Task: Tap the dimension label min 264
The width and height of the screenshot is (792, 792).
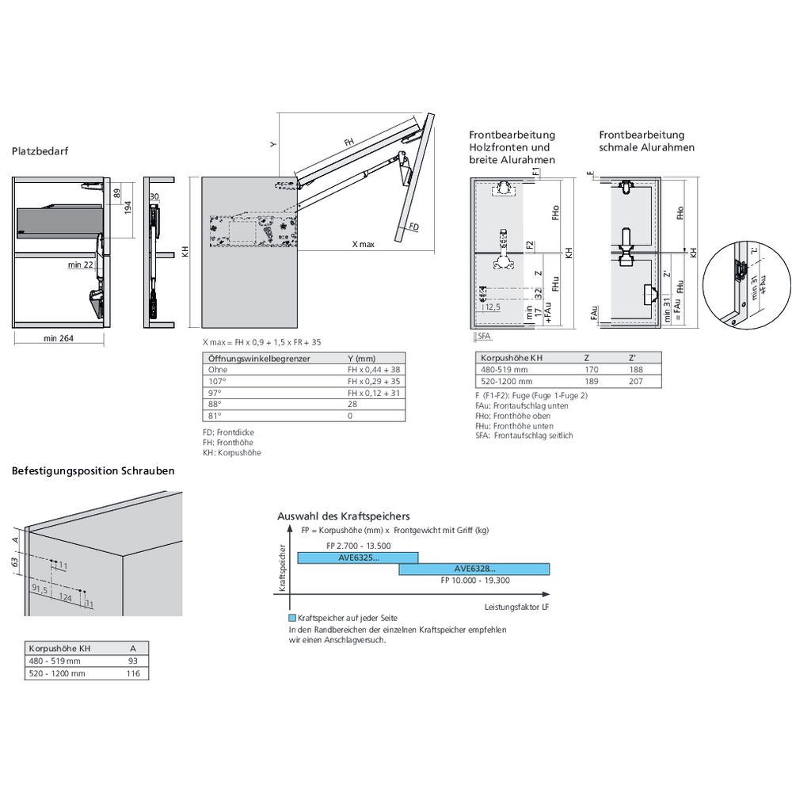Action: point(59,339)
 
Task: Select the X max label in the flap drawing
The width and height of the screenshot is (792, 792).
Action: point(363,245)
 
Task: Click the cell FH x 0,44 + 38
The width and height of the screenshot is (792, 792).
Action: point(374,370)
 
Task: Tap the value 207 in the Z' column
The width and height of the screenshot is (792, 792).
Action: point(634,382)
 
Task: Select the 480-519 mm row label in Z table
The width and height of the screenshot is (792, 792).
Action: point(504,370)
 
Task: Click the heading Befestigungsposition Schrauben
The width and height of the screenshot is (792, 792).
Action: point(93,470)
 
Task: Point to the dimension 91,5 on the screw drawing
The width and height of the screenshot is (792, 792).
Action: point(40,590)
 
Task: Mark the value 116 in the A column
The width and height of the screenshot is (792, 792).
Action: point(132,673)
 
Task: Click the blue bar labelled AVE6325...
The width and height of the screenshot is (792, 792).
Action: point(357,558)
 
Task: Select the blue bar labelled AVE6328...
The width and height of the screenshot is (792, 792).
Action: point(474,569)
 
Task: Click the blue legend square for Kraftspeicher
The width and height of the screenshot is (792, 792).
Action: point(293,618)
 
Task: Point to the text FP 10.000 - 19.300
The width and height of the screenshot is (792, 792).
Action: point(474,581)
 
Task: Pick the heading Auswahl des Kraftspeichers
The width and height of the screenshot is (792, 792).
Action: point(343,516)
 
